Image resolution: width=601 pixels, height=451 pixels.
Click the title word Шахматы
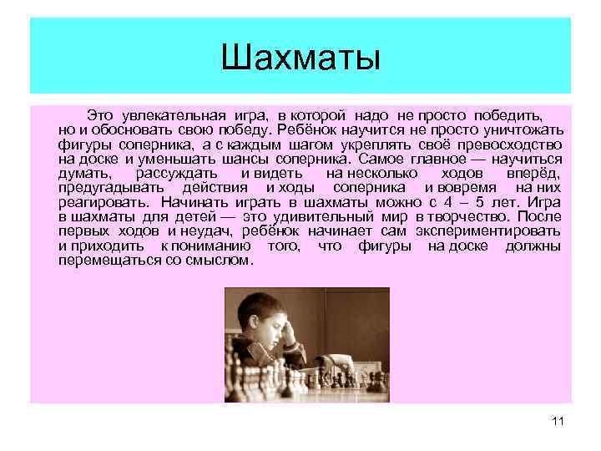(300, 58)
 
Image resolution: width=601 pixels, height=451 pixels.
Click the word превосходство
(513, 144)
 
